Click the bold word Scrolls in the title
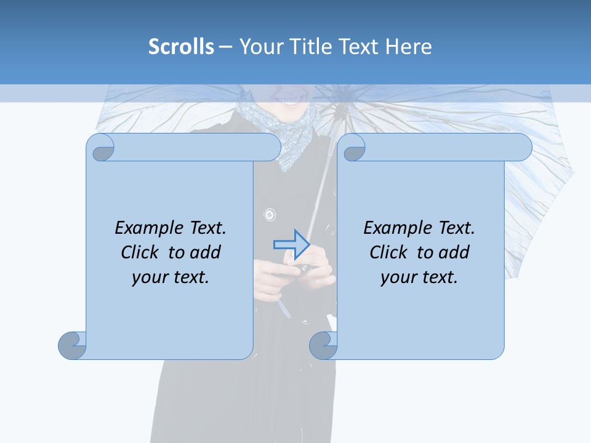pyautogui.click(x=181, y=47)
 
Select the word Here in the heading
pyautogui.click(x=409, y=47)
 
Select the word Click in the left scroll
pyautogui.click(x=141, y=252)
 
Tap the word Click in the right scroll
pyautogui.click(x=388, y=252)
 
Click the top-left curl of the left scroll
pyautogui.click(x=101, y=148)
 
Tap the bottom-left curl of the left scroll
pyautogui.click(x=73, y=345)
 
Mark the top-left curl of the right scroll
pyautogui.click(x=353, y=148)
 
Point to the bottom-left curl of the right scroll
pyautogui.click(x=323, y=345)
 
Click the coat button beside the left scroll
pyautogui.click(x=269, y=215)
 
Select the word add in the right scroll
pyautogui.click(x=455, y=252)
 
